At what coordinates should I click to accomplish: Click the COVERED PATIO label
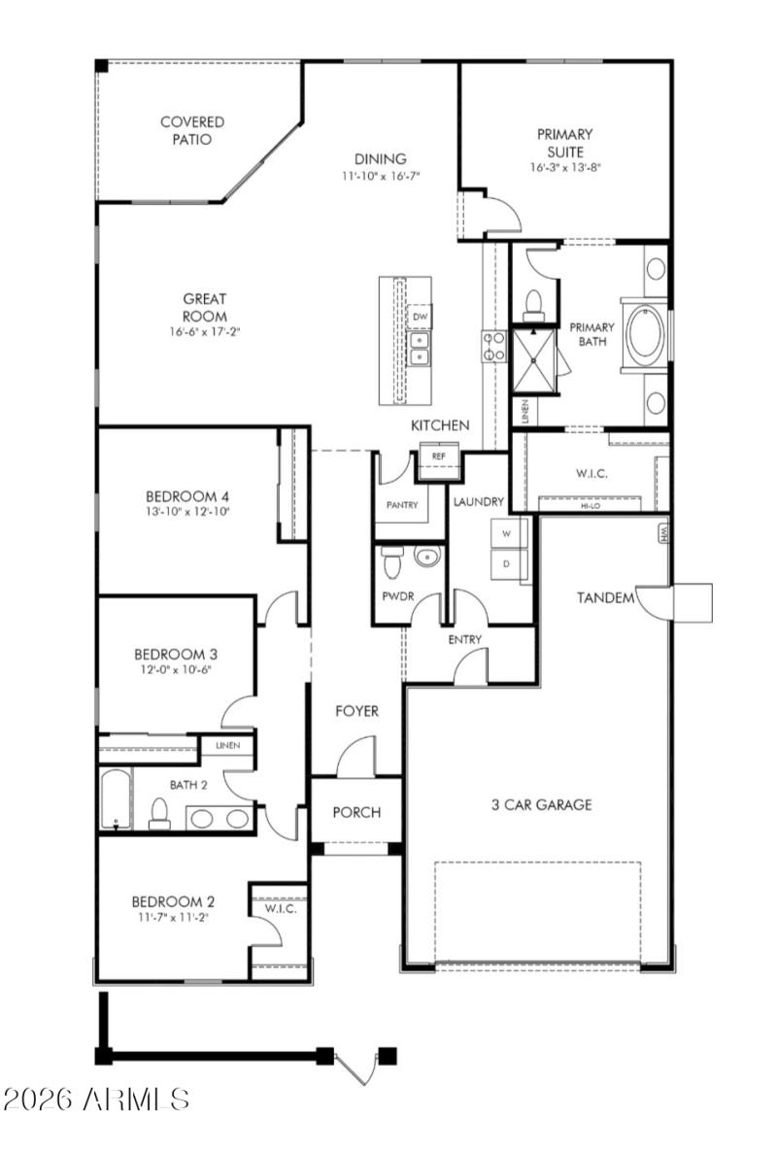(x=192, y=130)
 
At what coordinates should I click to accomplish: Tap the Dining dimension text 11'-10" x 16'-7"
(x=380, y=176)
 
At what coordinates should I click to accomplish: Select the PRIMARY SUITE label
(x=564, y=142)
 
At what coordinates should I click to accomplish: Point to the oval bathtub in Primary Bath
(x=644, y=336)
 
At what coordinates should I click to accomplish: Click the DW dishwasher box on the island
(x=420, y=317)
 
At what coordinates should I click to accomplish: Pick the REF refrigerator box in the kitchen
(x=438, y=456)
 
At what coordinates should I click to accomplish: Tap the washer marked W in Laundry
(x=505, y=533)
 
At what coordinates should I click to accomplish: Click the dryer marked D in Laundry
(x=505, y=563)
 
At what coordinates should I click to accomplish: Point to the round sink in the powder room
(x=425, y=557)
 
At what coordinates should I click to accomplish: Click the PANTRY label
(x=400, y=506)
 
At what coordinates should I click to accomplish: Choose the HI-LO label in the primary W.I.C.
(x=591, y=506)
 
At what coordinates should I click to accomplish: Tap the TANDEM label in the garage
(x=606, y=597)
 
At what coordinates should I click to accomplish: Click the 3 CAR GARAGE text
(x=541, y=804)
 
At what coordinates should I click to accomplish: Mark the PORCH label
(x=356, y=812)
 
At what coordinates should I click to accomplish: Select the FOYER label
(x=356, y=711)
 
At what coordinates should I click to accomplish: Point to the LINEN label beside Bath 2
(x=228, y=746)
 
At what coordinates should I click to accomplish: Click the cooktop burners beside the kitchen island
(x=493, y=346)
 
